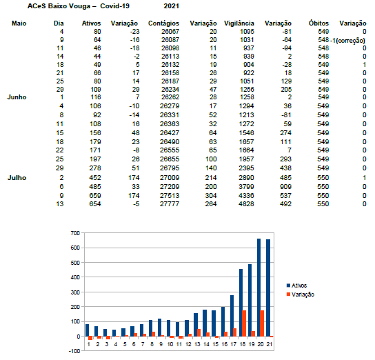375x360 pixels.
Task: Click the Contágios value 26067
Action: (170, 32)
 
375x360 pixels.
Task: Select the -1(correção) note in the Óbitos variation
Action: (348, 41)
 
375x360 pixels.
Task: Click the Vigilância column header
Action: (239, 23)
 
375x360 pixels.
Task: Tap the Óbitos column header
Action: (318, 23)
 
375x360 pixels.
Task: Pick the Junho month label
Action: (17, 97)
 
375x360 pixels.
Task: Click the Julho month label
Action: (17, 178)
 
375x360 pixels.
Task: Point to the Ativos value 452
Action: (95, 178)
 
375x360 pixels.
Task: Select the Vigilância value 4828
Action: (246, 204)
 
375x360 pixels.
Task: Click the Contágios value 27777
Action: (170, 204)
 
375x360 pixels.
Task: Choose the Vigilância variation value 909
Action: (286, 187)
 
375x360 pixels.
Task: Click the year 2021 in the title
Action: (171, 6)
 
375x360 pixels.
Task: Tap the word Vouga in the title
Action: (80, 6)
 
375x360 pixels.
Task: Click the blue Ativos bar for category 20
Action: (259, 288)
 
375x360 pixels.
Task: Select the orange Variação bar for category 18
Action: (244, 323)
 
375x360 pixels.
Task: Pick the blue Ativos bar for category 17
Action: (232, 316)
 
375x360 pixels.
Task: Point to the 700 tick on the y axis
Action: (75, 233)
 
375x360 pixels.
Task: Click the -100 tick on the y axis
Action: (74, 351)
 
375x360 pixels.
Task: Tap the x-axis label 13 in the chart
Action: (197, 344)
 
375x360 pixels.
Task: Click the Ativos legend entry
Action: (296, 286)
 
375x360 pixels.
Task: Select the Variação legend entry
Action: (301, 294)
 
